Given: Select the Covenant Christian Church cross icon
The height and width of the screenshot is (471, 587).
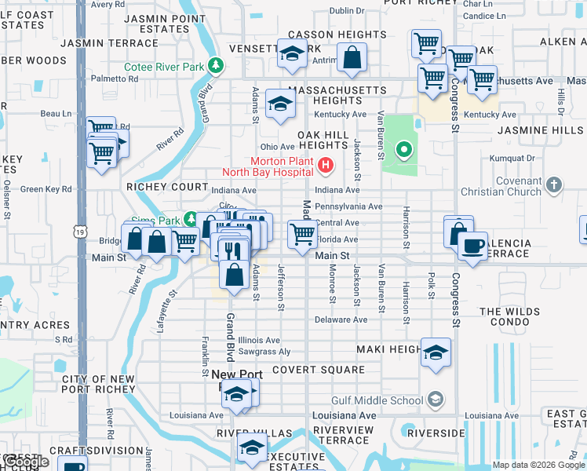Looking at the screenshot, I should click(555, 184).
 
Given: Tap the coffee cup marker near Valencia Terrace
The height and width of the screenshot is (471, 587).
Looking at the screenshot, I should click(472, 246).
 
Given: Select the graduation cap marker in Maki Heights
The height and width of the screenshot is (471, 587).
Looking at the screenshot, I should click(436, 352).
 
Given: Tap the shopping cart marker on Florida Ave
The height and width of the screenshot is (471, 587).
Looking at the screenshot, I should click(303, 235).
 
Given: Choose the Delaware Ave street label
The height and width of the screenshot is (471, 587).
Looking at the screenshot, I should click(341, 319).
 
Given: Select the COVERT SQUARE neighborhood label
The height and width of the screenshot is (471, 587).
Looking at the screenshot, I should click(318, 369).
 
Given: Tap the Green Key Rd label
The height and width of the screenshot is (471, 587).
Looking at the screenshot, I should click(46, 188).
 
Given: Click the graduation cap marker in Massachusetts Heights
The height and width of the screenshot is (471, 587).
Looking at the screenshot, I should click(279, 104).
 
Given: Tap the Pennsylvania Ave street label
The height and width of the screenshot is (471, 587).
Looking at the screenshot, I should click(348, 206).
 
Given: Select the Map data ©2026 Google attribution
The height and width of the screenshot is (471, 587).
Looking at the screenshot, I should click(538, 465).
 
